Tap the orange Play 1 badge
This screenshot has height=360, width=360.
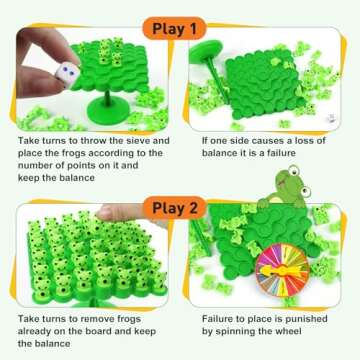click(181, 26)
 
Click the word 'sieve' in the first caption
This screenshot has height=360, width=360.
click(141, 143)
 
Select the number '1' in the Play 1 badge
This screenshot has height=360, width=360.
click(207, 26)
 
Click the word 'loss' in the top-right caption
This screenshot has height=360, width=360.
click(312, 143)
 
